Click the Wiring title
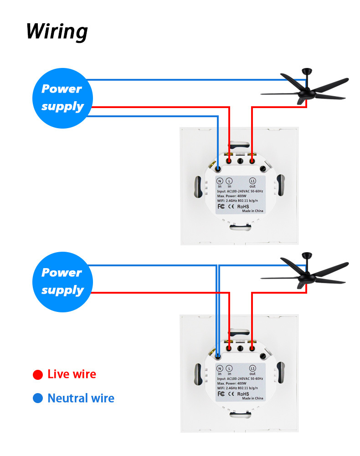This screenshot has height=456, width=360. tap(57, 31)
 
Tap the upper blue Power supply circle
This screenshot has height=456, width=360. tap(62, 98)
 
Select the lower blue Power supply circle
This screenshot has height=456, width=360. tap(62, 281)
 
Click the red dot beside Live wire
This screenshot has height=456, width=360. tap(38, 375)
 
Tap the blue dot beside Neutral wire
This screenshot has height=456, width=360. tap(38, 399)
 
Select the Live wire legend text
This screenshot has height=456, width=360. tap(72, 374)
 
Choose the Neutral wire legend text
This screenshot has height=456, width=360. tap(81, 398)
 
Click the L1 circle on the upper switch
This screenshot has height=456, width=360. tap(253, 181)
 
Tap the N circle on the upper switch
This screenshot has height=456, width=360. tap(219, 181)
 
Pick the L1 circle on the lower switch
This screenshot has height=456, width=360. tap(252, 368)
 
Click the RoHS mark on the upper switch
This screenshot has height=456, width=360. tap(244, 206)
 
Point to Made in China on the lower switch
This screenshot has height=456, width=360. tap(252, 398)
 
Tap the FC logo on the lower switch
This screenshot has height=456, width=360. tap(221, 393)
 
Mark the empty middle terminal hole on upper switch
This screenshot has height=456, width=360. tap(240, 161)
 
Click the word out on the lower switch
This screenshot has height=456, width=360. tap(252, 374)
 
